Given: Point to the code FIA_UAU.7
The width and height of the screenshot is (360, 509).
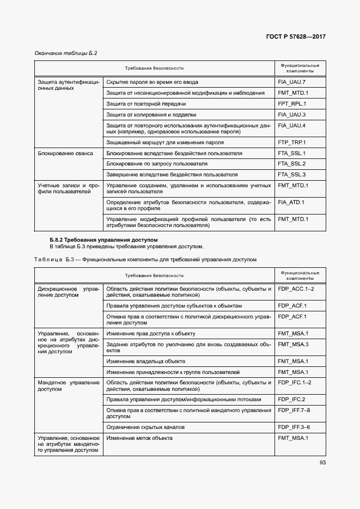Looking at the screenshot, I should [x=292, y=82].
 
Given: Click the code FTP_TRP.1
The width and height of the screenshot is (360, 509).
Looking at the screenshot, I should [x=292, y=142].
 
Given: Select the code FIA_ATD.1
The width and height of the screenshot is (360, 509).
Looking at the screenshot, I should [x=291, y=203].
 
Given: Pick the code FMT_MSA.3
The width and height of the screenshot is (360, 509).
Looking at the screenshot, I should [x=293, y=344].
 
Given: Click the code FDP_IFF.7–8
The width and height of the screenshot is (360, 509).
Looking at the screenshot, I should [x=294, y=410].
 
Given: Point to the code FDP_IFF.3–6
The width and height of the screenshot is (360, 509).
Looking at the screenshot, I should [x=294, y=427].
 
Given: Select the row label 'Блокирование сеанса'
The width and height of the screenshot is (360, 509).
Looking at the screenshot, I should [x=65, y=154].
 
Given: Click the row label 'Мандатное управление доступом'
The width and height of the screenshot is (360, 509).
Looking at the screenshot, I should [x=68, y=386].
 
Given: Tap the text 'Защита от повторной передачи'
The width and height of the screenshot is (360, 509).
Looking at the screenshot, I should [x=146, y=103].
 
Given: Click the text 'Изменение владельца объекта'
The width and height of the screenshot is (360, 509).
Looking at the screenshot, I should [x=145, y=361].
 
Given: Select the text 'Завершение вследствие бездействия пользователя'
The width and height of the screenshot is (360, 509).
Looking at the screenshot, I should [x=172, y=175].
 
